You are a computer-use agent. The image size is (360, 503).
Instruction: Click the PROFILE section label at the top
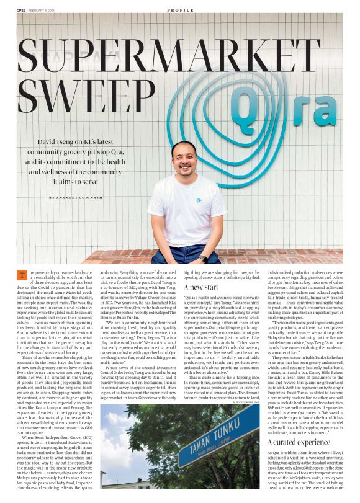coord(179,11)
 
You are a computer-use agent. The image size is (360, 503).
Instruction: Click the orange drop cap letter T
coord(23,275)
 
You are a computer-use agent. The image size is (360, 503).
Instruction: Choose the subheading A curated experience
coord(297,443)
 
